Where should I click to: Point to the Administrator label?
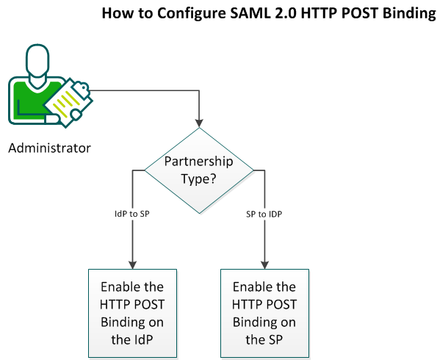49,148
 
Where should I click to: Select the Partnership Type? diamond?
199,170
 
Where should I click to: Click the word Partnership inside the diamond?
198,162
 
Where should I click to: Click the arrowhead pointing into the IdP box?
133,265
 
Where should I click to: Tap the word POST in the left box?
146,304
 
